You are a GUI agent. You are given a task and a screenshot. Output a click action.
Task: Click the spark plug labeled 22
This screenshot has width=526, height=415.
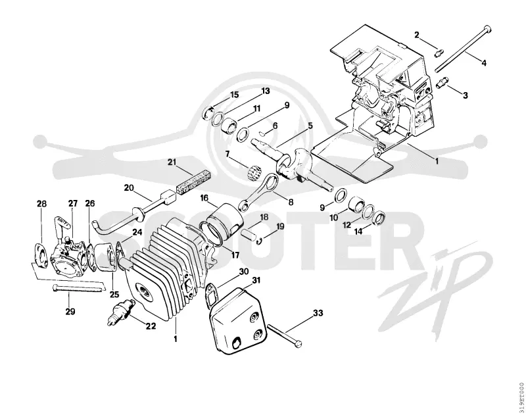(x=121, y=309)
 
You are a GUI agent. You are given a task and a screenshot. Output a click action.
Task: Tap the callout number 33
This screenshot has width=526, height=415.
(x=318, y=312)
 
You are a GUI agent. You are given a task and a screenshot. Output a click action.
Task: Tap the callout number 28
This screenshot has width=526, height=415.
(x=41, y=204)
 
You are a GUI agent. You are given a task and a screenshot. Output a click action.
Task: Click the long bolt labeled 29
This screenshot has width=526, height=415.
(x=77, y=288)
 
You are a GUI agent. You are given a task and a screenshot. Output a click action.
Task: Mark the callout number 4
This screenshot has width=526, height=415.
(x=483, y=62)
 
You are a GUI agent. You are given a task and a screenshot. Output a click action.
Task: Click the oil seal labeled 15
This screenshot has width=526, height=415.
(x=208, y=112)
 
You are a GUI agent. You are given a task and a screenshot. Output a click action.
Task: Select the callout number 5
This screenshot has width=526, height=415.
(x=310, y=126)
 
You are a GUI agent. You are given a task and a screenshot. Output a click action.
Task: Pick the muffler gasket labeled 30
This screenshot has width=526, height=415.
(x=211, y=295)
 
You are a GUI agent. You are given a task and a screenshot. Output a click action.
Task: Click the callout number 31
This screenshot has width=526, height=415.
(x=256, y=280)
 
